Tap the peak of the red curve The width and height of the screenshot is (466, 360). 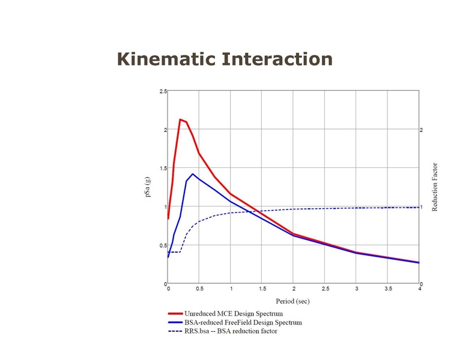pos(180,119)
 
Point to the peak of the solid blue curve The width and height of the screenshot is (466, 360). pos(192,174)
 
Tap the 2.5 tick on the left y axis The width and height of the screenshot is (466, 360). pos(163,91)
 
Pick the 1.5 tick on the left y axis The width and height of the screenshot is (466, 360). pos(163,169)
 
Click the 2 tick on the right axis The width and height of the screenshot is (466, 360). pos(422,130)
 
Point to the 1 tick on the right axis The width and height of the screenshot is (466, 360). pos(422,207)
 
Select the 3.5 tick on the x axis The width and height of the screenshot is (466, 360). pos(388,289)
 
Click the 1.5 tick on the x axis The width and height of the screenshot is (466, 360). pos(262,289)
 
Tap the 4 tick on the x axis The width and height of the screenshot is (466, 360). pos(419,289)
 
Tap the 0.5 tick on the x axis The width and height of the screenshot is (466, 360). pos(199,289)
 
